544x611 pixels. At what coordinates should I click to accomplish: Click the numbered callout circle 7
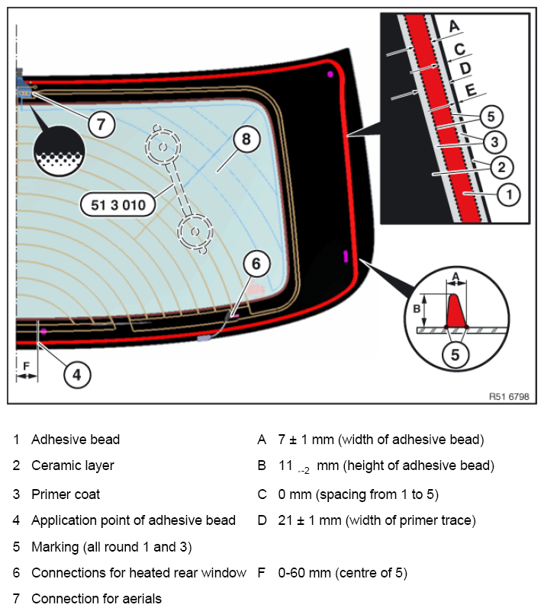click(x=101, y=124)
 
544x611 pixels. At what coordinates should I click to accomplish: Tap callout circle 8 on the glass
click(x=246, y=139)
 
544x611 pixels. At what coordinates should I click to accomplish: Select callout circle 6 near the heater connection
click(x=256, y=264)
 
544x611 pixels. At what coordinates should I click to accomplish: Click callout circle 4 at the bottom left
click(x=77, y=375)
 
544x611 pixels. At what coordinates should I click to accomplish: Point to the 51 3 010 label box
click(x=117, y=205)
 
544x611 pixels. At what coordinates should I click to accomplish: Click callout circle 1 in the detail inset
click(x=508, y=194)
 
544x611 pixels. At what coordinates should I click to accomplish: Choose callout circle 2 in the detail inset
click(x=501, y=167)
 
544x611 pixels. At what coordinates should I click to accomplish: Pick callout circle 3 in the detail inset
click(x=494, y=142)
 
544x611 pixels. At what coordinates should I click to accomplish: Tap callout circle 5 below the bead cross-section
click(x=455, y=355)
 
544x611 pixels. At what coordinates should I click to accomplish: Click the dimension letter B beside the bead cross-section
click(x=417, y=309)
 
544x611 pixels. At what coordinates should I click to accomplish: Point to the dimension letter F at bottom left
click(x=26, y=366)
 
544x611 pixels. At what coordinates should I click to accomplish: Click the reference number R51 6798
click(x=509, y=397)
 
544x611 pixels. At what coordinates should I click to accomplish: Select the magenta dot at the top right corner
click(x=330, y=74)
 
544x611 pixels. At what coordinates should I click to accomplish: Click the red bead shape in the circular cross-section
click(x=455, y=311)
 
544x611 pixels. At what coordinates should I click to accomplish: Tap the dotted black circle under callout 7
click(x=59, y=151)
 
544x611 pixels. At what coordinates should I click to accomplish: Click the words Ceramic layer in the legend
click(x=72, y=465)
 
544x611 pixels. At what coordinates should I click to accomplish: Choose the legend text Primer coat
click(x=66, y=494)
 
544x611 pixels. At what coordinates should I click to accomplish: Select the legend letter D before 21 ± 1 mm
click(x=262, y=520)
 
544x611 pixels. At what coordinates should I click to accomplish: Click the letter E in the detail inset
click(x=471, y=91)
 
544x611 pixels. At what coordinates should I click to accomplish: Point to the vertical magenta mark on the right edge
click(x=346, y=256)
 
